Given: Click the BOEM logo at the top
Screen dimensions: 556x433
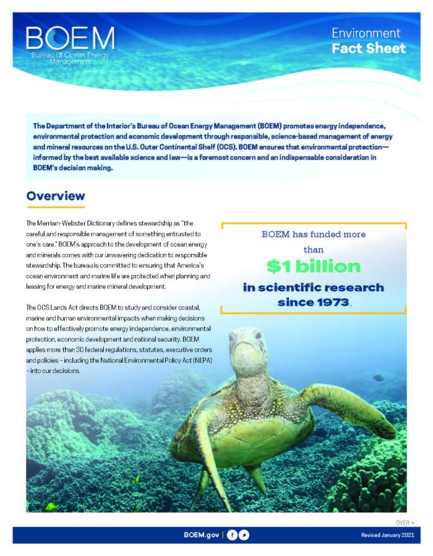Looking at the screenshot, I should (70, 44).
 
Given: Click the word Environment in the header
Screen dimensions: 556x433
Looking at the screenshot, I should (366, 33).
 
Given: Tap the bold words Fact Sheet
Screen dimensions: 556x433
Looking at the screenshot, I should (369, 48).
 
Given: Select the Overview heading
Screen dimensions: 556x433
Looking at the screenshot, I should (56, 196).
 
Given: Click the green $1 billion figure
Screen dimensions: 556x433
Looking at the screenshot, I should (314, 266).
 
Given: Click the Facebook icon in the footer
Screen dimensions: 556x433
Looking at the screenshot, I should (232, 535).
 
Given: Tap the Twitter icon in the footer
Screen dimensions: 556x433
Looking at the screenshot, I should (244, 535).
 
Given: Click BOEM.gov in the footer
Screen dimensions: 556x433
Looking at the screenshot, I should (201, 535).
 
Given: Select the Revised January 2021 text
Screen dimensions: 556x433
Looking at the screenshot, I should (386, 535).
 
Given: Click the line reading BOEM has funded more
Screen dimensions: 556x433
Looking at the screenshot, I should (313, 235).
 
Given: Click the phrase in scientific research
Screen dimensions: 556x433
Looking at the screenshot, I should (313, 288).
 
